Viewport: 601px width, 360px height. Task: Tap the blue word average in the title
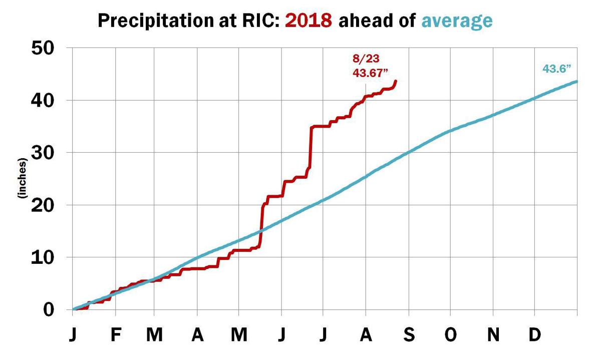pyautogui.click(x=456, y=21)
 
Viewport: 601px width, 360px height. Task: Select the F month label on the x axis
pyautogui.click(x=116, y=335)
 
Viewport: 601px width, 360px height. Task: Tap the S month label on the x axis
pyautogui.click(x=409, y=335)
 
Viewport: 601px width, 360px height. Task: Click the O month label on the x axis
pyautogui.click(x=451, y=335)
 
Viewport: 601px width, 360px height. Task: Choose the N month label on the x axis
pyautogui.click(x=494, y=335)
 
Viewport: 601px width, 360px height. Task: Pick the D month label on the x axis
pyautogui.click(x=535, y=335)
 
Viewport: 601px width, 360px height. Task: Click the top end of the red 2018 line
pyautogui.click(x=396, y=81)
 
